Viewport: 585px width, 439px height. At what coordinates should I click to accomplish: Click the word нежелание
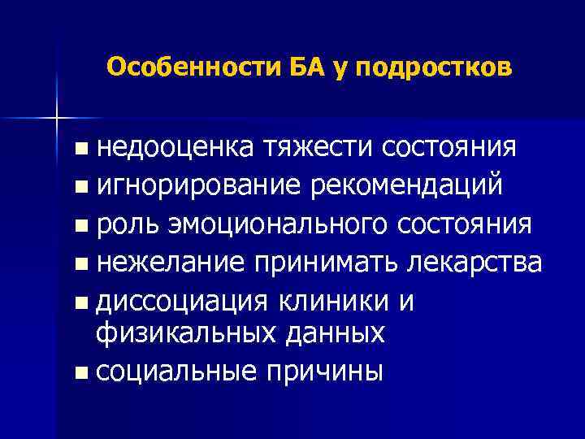[169, 261]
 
